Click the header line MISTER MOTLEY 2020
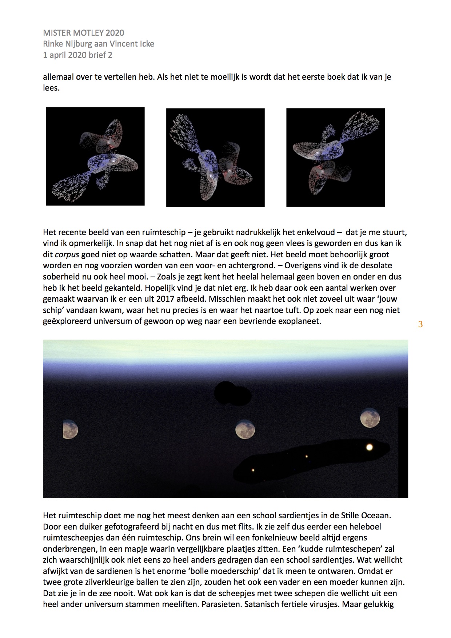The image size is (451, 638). [83, 33]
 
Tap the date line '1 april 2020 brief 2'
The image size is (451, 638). [77, 55]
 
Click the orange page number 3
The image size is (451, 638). [420, 324]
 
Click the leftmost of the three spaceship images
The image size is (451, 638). [95, 156]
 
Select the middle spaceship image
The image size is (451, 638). [215, 158]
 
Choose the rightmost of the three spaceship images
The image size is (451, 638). [335, 157]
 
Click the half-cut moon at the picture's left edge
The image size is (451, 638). [70, 429]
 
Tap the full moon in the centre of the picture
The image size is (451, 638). [245, 429]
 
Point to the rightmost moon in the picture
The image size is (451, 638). [370, 417]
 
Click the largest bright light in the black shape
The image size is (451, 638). [370, 447]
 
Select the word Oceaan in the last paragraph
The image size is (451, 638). [376, 515]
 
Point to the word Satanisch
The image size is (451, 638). [262, 605]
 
